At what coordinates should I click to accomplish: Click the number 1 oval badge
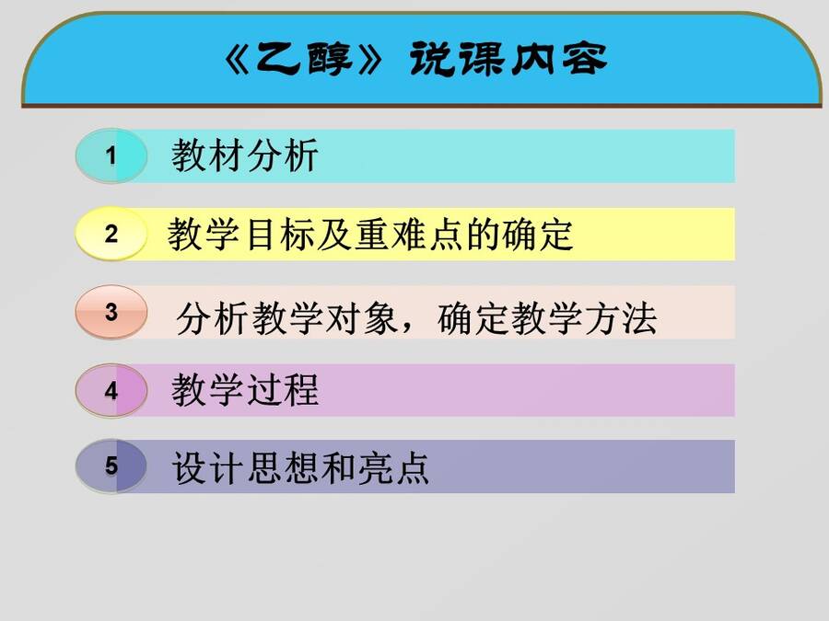click(x=111, y=155)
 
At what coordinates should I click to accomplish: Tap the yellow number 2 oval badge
click(x=111, y=234)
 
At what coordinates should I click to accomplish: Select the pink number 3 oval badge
click(x=111, y=312)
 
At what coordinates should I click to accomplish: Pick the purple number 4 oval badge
click(x=111, y=390)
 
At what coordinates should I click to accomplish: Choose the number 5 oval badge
click(x=111, y=466)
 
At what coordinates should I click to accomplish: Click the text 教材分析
click(x=244, y=155)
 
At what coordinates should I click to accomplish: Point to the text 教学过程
click(x=245, y=390)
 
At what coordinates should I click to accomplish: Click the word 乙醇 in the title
click(x=303, y=59)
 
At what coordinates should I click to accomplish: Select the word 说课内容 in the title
click(x=508, y=59)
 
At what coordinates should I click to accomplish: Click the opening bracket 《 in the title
click(x=237, y=59)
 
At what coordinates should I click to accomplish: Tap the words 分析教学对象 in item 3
click(x=287, y=318)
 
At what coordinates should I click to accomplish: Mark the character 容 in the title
click(x=584, y=59)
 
